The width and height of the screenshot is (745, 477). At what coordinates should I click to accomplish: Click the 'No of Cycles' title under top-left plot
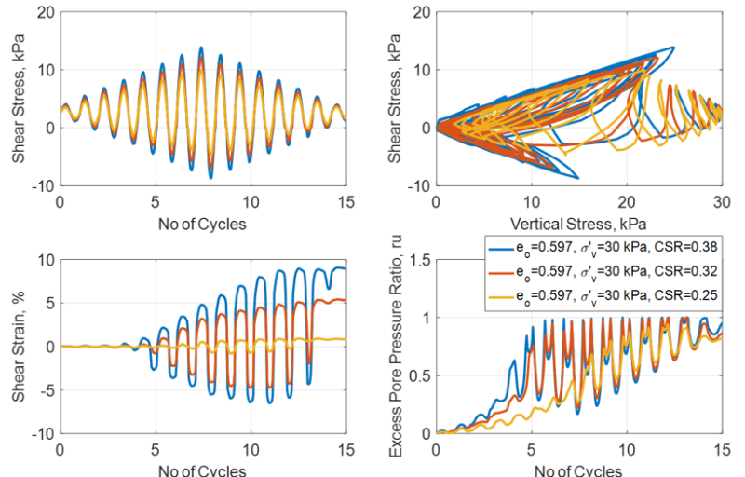[x=203, y=225]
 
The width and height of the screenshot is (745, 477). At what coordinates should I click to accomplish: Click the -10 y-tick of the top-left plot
[x=43, y=186]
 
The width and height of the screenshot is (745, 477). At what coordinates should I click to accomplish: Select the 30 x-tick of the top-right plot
[x=722, y=201]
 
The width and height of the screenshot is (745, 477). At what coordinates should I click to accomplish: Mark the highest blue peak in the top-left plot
[x=200, y=48]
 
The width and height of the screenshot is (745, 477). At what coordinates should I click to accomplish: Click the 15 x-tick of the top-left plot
[x=345, y=201]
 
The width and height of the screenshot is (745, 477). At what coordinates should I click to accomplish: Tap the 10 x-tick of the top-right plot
[x=532, y=201]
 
